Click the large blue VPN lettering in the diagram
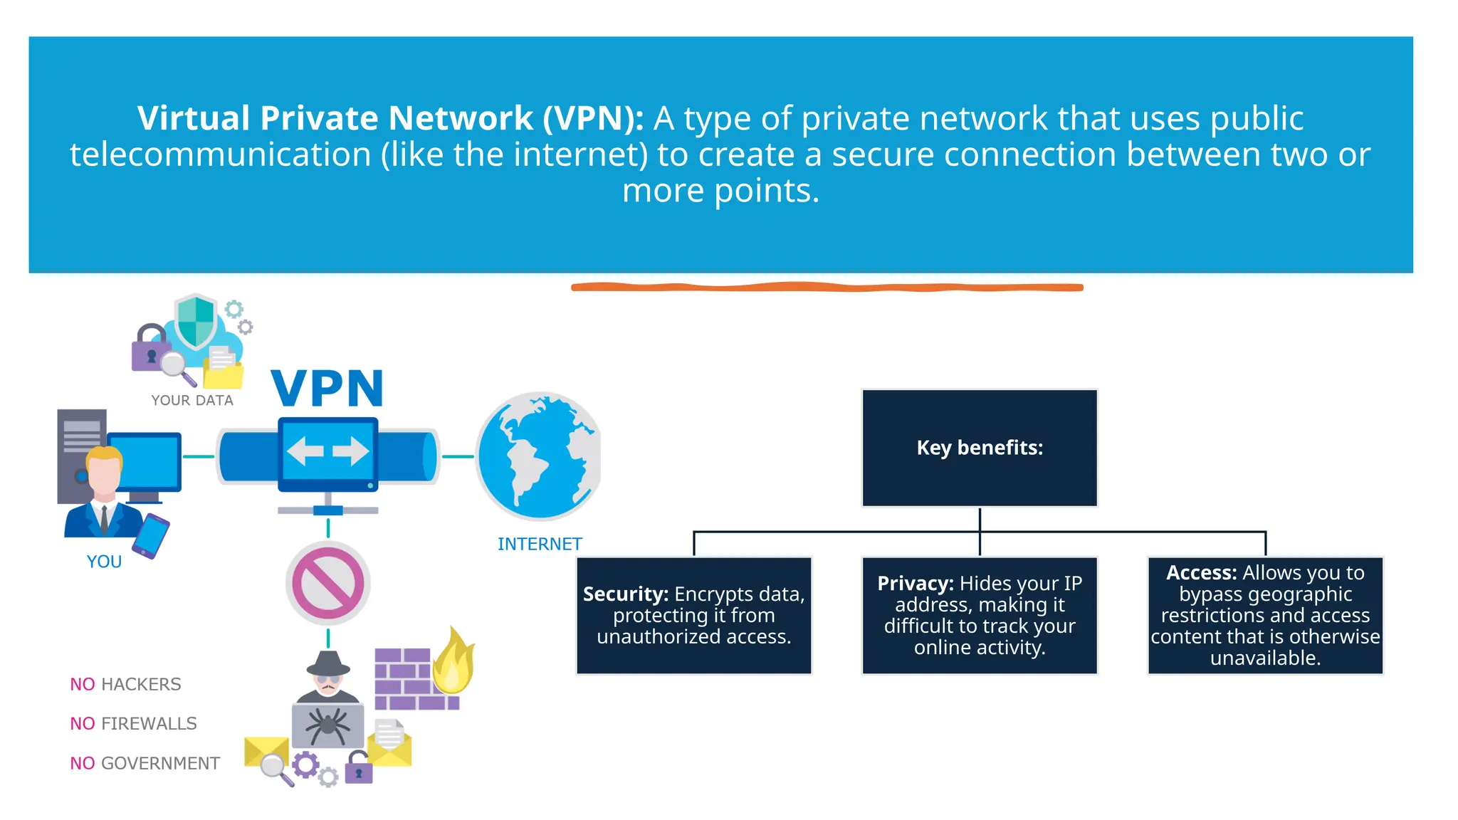[327, 389]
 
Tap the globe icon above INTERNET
[538, 456]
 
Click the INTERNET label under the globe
[540, 545]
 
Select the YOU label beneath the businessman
[104, 562]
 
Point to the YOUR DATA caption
[192, 401]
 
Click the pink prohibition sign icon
[328, 584]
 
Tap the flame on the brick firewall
[453, 662]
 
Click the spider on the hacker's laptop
[327, 725]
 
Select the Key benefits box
[980, 448]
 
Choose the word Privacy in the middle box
[915, 584]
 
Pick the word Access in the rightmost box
[1201, 573]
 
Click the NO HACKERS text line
[126, 684]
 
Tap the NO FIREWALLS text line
[134, 724]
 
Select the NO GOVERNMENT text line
[145, 764]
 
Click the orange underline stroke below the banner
[827, 288]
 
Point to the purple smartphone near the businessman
[151, 536]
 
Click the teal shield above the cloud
[196, 321]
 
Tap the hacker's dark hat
[328, 663]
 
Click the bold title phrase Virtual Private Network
[335, 118]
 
